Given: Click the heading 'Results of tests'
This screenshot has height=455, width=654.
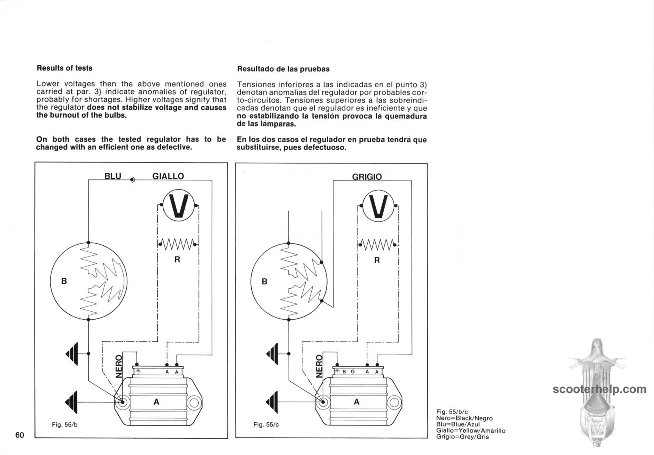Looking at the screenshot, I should coord(64,68).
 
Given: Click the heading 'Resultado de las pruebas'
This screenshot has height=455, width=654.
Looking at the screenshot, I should coord(283,69).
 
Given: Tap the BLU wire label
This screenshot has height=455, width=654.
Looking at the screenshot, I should coord(113,176).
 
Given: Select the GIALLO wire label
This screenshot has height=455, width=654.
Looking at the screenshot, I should coord(168,176).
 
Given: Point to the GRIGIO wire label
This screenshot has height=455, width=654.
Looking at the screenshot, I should coord(367,177).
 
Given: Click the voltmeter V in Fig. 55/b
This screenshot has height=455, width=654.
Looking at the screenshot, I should coord(178,206).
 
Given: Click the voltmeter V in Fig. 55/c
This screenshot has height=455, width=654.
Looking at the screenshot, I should coord(378,207).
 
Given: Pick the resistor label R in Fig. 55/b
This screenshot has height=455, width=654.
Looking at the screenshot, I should coord(177,260).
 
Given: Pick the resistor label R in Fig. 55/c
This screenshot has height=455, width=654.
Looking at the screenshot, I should coord(377,260).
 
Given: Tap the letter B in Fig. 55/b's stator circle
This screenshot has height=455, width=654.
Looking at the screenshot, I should coord(64,281).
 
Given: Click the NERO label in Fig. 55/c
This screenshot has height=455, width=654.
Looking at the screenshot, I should coord(319,367).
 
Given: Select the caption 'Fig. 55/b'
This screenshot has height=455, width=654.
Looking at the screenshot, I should coord(64,425).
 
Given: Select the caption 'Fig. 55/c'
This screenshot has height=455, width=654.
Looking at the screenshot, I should coord(266,425).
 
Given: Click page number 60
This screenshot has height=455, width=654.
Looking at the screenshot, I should coord(20,435).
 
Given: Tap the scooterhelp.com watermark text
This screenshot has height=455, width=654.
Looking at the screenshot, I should coord(599,389).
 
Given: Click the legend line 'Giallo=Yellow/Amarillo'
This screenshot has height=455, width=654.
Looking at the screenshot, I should coord(471,431).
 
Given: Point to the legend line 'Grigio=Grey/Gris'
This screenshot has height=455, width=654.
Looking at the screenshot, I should coord(463,437).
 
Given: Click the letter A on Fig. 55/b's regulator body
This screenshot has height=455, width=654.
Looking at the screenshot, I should coord(156,402).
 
